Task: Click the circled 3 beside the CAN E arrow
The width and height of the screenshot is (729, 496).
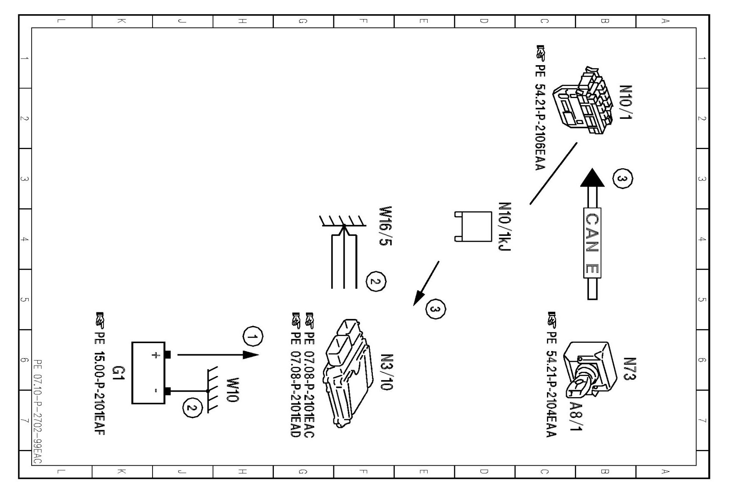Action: click(623, 179)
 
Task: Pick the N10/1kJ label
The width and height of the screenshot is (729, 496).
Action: click(505, 227)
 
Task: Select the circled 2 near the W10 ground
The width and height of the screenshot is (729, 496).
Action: click(191, 408)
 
